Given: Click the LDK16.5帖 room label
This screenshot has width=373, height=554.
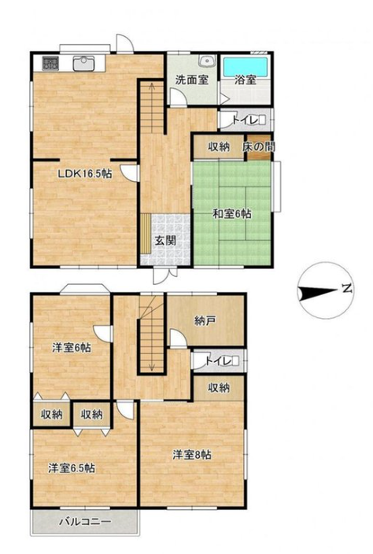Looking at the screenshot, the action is tap(85, 173).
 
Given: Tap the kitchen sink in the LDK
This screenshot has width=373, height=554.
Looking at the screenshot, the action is tap(83, 64).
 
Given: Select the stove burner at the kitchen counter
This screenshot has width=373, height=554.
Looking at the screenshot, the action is tap(51, 63).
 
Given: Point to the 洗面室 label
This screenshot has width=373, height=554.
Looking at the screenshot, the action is tap(192, 79).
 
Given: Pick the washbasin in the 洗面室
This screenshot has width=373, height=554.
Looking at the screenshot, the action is tap(206, 61).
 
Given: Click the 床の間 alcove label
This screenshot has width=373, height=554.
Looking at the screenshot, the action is tap(259, 147).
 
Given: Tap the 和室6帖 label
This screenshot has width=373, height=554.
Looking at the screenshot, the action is tap(231, 214).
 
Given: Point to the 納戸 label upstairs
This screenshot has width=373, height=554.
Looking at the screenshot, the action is tap(205, 321).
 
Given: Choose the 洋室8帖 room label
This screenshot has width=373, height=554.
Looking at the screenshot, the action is tap(192, 455).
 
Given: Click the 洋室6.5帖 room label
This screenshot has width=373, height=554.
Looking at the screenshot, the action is tap(72, 468).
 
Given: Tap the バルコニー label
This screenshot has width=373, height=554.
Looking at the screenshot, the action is tap(85, 522).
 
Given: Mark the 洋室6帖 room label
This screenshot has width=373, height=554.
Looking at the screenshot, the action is tap(72, 348).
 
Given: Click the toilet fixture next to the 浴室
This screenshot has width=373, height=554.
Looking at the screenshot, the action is tap(262, 120).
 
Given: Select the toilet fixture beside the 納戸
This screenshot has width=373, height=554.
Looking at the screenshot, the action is tap(235, 361).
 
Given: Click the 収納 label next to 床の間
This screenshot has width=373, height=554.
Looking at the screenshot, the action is tap(219, 146).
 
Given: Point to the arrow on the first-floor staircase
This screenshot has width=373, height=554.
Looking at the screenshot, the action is tap(152, 106).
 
